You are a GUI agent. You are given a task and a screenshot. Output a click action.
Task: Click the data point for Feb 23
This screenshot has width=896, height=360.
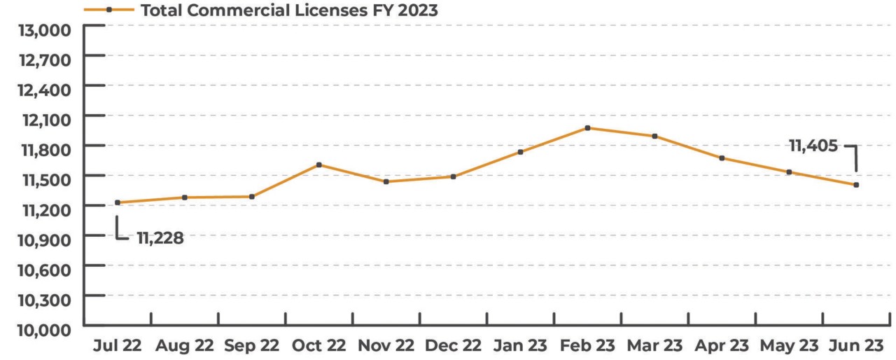click(x=587, y=128)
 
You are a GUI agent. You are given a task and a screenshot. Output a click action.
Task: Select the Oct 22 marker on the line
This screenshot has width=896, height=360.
click(x=318, y=165)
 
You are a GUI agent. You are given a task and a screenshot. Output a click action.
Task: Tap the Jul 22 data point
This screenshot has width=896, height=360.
click(x=118, y=202)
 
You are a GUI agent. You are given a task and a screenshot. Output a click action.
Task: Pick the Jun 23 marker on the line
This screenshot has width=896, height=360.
click(x=856, y=185)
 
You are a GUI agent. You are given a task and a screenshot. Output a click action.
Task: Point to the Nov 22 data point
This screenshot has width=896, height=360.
click(x=386, y=181)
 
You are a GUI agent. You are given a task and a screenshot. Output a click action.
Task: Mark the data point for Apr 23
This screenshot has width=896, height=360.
click(x=722, y=158)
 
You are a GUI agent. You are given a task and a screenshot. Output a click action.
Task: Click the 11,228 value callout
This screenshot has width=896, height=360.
click(x=160, y=238)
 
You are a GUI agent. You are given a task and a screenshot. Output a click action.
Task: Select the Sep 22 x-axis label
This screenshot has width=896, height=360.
click(x=251, y=346)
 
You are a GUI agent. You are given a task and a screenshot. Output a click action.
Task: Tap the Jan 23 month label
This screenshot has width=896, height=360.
click(x=520, y=346)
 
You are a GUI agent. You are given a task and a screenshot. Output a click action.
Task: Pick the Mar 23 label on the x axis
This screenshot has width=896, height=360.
click(x=654, y=346)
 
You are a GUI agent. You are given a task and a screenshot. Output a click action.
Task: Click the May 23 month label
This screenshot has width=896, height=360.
click(x=789, y=346)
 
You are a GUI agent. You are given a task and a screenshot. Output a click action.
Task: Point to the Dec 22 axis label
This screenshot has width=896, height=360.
click(x=453, y=346)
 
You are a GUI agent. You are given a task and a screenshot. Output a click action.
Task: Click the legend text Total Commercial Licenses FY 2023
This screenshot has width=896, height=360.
click(x=290, y=11)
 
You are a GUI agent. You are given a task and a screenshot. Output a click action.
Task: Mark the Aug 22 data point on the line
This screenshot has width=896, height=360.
click(x=185, y=198)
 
